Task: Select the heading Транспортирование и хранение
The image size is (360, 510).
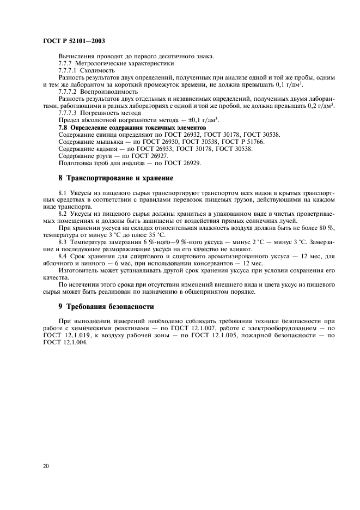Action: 120,178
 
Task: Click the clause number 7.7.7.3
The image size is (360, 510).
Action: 68,113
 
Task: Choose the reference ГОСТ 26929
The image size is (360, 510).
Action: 187,162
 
